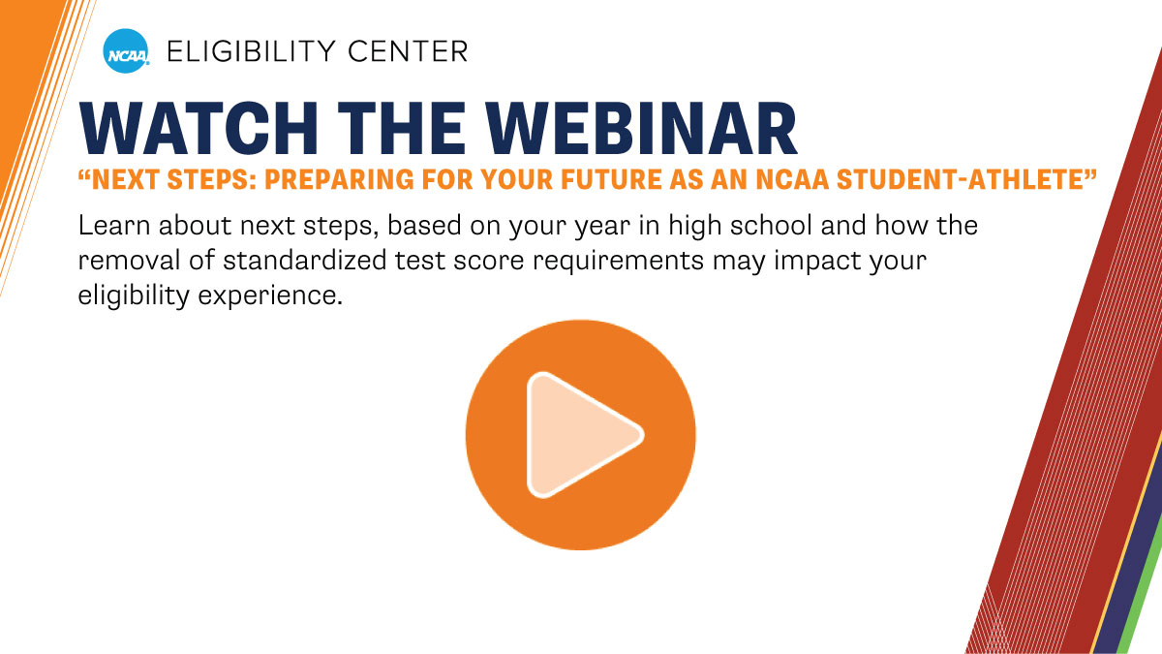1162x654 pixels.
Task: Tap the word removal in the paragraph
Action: coord(123,262)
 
